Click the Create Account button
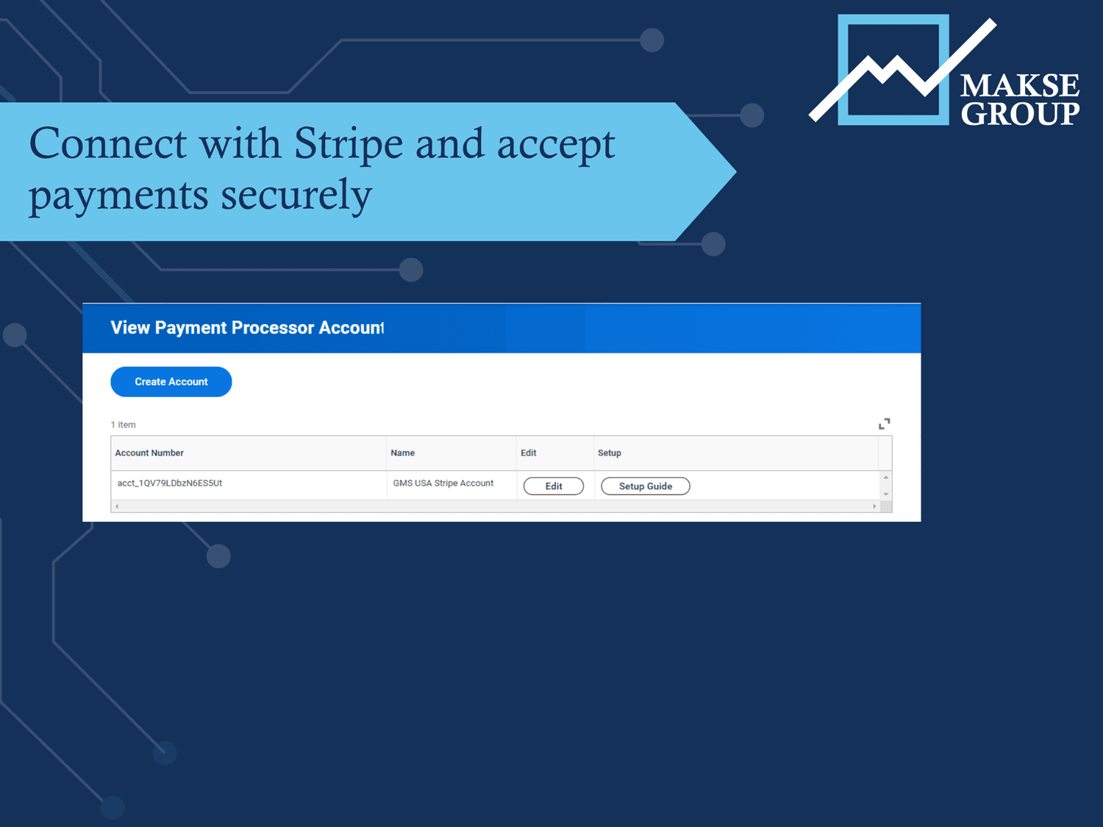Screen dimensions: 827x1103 coord(171,382)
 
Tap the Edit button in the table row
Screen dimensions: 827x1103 coord(554,486)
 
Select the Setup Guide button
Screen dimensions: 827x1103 coord(645,486)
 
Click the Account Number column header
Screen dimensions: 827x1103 coord(149,453)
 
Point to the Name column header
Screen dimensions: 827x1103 coord(402,453)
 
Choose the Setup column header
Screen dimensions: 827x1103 coord(609,453)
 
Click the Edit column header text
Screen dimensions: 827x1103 coord(528,453)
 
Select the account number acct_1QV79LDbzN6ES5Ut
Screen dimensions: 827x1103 coord(170,483)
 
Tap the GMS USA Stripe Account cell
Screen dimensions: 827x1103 coord(443,483)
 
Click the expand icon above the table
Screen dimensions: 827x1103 coord(884,423)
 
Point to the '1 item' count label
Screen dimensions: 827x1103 coord(124,425)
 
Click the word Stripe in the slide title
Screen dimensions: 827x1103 coord(349,143)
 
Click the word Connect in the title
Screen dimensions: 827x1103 coord(108,143)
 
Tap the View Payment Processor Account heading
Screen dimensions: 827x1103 coord(247,328)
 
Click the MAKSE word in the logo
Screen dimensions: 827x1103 coord(1019,85)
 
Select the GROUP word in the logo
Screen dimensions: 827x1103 coord(1020,114)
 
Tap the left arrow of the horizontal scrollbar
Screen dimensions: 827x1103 coord(117,506)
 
